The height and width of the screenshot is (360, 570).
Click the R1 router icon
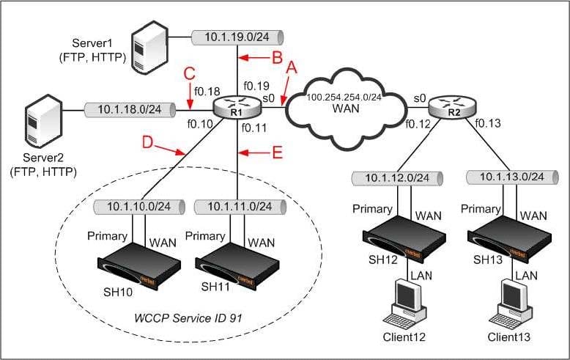tap(237, 107)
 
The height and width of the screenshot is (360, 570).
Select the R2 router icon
tap(452, 107)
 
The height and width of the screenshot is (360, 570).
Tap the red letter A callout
tap(292, 67)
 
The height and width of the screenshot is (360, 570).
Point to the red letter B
tap(278, 57)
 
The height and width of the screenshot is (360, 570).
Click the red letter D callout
tap(147, 142)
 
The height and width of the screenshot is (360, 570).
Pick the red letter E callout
tap(278, 153)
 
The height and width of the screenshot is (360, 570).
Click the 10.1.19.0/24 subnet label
tap(237, 37)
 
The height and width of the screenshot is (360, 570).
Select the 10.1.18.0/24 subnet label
tap(130, 109)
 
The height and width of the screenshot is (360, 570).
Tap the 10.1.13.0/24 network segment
tap(512, 177)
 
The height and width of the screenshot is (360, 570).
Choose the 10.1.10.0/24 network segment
tap(139, 207)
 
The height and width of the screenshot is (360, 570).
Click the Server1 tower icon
tap(149, 48)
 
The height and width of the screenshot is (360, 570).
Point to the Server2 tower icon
tap(43, 122)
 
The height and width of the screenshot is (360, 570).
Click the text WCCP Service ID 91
tap(188, 318)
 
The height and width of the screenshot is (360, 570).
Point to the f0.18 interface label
tap(207, 91)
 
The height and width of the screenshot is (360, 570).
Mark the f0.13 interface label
tap(488, 123)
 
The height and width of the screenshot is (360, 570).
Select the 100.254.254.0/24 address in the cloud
tap(344, 97)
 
